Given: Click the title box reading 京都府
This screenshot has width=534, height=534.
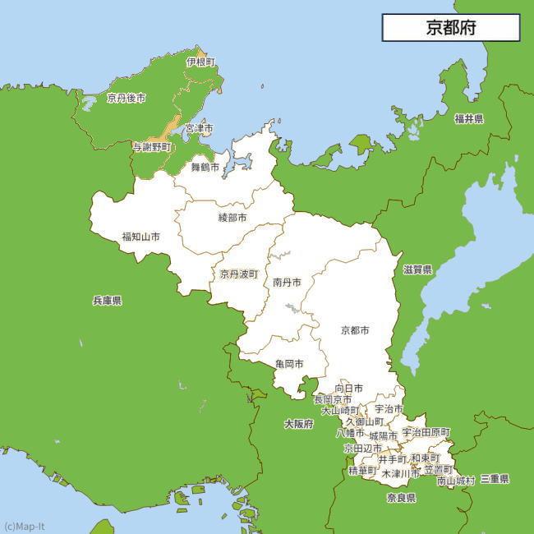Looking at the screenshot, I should click(x=450, y=27).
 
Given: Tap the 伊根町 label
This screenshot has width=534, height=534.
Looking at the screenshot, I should click(x=200, y=62).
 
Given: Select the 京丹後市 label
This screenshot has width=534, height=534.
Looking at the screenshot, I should click(x=127, y=98).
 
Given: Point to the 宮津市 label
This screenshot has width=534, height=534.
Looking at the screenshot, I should click(x=199, y=129).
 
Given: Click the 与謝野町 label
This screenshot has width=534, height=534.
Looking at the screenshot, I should click(x=152, y=147).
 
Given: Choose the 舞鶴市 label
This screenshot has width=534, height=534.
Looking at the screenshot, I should click(x=205, y=167).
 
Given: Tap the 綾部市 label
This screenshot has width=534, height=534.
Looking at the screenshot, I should click(x=232, y=218).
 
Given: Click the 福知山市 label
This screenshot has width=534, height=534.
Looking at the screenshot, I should click(x=140, y=237).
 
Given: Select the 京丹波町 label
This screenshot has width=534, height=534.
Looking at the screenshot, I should click(x=238, y=274).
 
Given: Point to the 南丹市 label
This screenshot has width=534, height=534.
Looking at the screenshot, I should click(x=287, y=282).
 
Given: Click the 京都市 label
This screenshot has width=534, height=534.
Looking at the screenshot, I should click(x=355, y=330).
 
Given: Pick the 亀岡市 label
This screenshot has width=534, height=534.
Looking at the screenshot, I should click(x=289, y=363).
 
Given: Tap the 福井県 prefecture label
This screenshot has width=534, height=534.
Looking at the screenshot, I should click(x=469, y=119).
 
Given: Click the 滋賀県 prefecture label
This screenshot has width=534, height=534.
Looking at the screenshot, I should click(x=417, y=269).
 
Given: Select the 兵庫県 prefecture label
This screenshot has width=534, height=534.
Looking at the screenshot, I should click(x=108, y=302).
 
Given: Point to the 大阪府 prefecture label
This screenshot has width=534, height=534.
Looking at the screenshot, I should click(x=299, y=424).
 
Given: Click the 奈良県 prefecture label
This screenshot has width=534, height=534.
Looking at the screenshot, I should click(x=401, y=498).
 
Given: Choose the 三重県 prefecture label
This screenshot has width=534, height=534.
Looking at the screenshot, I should click(x=495, y=479).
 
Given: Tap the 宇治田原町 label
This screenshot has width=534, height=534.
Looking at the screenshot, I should click(x=426, y=432).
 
